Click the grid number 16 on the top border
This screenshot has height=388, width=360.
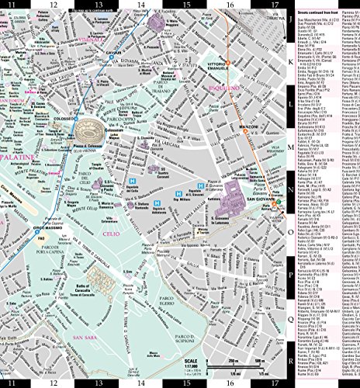[x=230, y=6]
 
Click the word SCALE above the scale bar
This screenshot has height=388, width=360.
[x=191, y=359]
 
